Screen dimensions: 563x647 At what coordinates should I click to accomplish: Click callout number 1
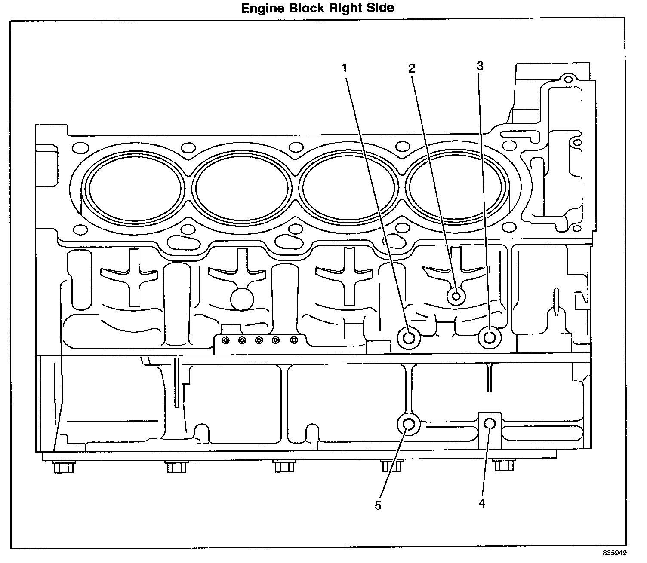coord(344,68)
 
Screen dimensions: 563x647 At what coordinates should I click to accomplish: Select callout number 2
coord(412,68)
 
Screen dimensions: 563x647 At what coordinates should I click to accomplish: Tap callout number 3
coord(480,67)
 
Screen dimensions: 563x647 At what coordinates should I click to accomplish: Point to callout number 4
coord(482,503)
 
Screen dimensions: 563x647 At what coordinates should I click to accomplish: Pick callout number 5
coord(378,506)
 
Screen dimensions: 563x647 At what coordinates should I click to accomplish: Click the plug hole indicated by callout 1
coord(409,338)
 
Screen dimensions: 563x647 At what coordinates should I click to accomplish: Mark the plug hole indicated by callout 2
coord(456,296)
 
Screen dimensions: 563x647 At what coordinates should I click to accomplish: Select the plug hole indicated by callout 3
coord(490,337)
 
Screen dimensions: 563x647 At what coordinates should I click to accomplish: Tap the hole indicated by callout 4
coord(490,424)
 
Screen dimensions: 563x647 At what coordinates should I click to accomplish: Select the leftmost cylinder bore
coord(133,188)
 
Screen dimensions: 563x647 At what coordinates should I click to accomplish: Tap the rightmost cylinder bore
coord(457,187)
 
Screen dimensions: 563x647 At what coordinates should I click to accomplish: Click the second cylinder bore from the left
coord(241,188)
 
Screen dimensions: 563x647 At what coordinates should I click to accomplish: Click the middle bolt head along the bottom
coord(284,466)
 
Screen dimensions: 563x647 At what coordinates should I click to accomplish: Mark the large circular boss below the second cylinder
coord(242,299)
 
